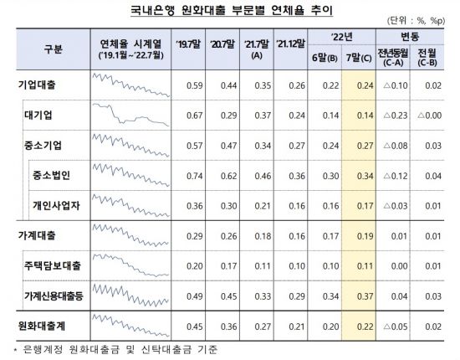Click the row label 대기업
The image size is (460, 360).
tap(47, 115)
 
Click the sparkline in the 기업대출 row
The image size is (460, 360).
tap(129, 85)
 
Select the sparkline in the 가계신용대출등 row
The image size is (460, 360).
tap(129, 296)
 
